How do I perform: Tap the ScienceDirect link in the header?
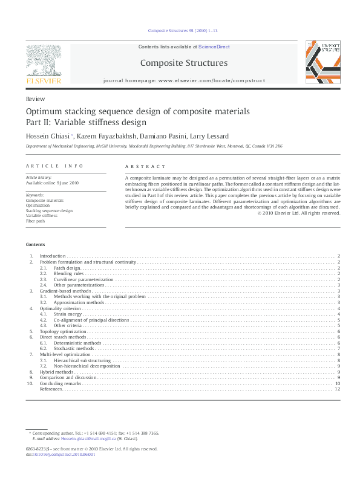215,47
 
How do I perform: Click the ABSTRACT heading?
145,167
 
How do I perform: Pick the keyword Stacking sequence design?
49,211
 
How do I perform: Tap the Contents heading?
35,244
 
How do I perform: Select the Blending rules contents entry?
68,273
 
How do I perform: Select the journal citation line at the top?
180,30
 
